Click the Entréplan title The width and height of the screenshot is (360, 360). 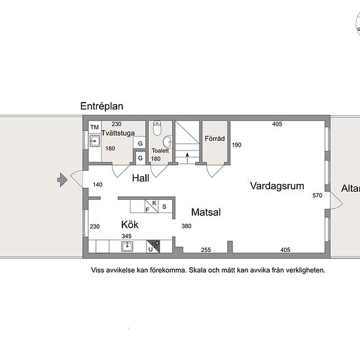(x=101, y=106)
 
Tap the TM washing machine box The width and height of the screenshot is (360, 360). (x=95, y=127)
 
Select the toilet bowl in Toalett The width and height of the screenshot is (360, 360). (x=157, y=128)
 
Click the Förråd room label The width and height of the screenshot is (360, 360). (x=215, y=139)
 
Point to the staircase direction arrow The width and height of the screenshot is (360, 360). (x=187, y=158)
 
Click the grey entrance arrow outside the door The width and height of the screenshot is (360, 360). (x=62, y=180)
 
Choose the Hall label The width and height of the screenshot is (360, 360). (x=141, y=178)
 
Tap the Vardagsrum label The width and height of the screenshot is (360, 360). (x=277, y=186)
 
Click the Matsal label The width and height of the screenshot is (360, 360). (x=206, y=212)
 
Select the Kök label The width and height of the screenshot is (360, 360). (x=130, y=225)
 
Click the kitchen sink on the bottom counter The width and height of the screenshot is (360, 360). (x=127, y=247)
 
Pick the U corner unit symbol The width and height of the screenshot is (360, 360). (x=153, y=246)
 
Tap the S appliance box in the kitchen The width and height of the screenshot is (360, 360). (x=165, y=206)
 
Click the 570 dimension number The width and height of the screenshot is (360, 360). (x=317, y=196)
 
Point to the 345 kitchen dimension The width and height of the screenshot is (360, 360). (x=126, y=236)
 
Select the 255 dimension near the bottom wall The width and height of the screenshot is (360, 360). (x=206, y=250)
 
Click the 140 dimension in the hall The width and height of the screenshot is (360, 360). (x=98, y=185)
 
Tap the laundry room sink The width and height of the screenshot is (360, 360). (x=95, y=141)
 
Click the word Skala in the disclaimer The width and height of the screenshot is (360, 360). (x=198, y=270)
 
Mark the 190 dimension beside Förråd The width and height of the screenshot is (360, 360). (x=236, y=145)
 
